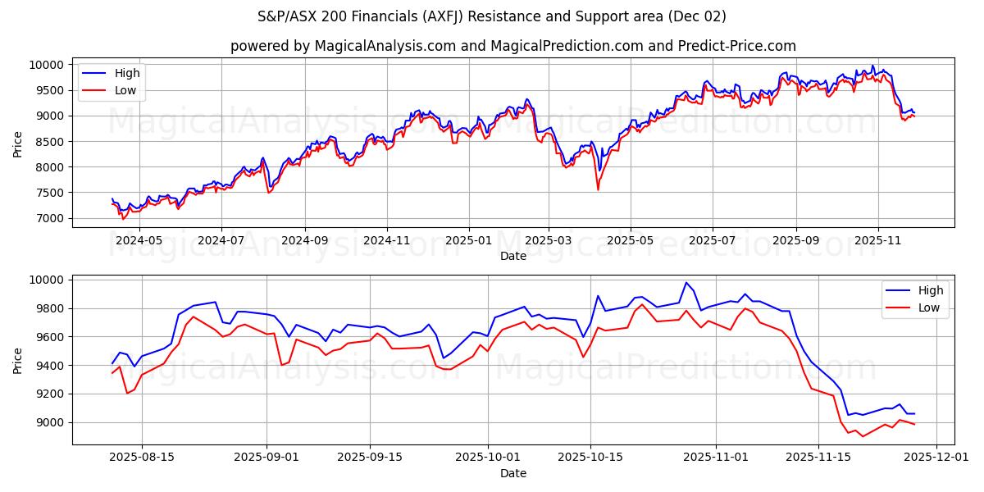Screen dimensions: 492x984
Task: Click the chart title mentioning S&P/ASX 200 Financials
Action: (491, 16)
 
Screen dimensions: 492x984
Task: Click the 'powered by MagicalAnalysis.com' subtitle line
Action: (512, 46)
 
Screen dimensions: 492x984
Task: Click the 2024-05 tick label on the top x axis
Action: (139, 241)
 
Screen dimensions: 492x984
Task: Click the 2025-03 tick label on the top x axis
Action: (549, 241)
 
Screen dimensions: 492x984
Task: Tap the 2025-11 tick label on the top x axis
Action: (877, 241)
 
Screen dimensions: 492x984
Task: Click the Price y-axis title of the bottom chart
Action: (18, 359)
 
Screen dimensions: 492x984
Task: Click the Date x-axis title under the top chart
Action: (512, 256)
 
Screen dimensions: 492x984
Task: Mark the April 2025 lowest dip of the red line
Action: (597, 190)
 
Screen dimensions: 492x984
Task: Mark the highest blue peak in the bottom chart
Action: (686, 283)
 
